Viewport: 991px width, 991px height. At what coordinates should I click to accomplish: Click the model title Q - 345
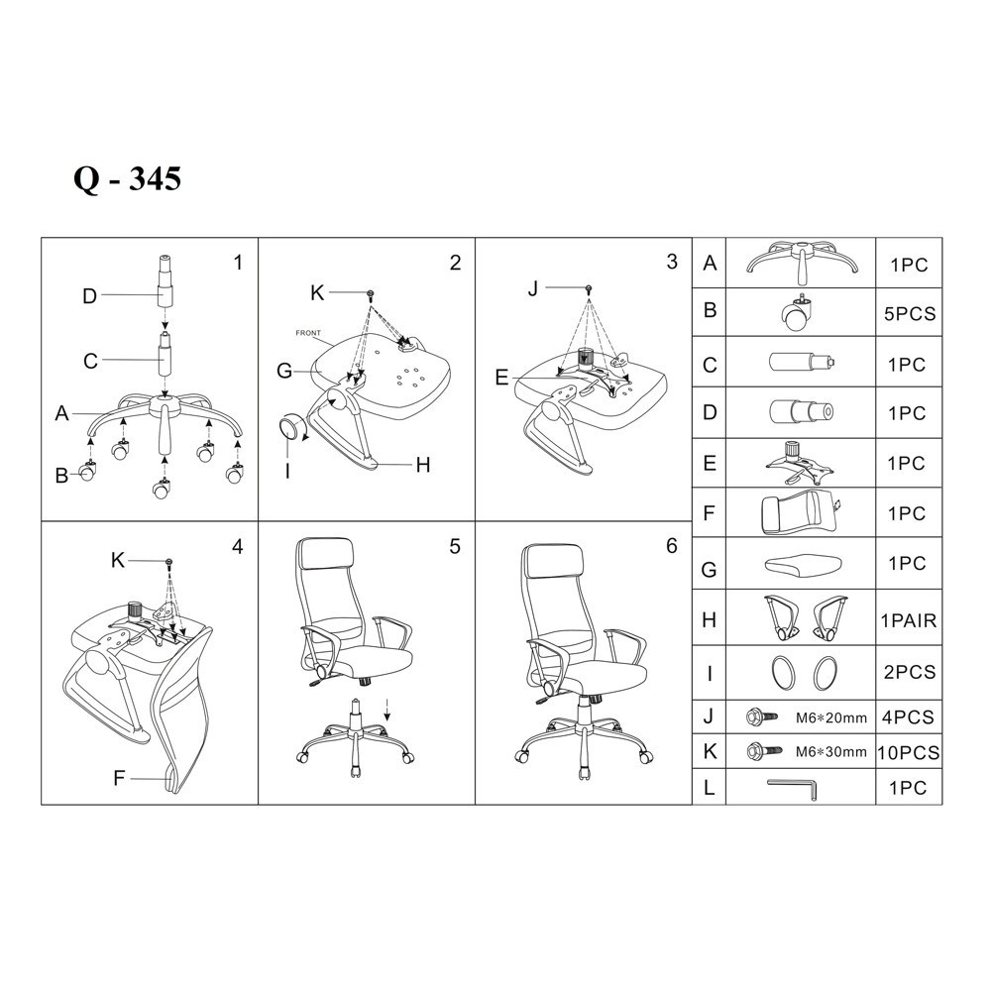128,178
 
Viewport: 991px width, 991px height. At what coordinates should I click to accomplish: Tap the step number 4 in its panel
238,547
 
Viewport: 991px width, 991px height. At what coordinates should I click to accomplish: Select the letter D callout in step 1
90,295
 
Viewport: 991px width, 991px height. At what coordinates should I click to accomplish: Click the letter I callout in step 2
287,472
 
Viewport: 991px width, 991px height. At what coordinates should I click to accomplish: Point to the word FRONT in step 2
308,333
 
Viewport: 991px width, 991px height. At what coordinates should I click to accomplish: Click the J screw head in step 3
589,288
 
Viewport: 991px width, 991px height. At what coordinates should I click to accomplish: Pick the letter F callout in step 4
119,779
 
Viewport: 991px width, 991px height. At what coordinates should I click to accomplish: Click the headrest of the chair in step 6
547,561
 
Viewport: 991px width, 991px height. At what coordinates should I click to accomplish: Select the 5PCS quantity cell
910,314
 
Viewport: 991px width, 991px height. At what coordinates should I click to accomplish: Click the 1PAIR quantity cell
909,620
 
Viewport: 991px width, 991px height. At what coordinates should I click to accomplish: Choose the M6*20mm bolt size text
831,717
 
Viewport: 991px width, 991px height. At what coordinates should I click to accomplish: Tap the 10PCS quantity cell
908,753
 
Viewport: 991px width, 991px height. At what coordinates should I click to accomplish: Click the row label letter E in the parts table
710,463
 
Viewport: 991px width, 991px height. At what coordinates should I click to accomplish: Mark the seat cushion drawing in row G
804,565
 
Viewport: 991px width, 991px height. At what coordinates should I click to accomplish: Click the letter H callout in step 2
423,465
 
